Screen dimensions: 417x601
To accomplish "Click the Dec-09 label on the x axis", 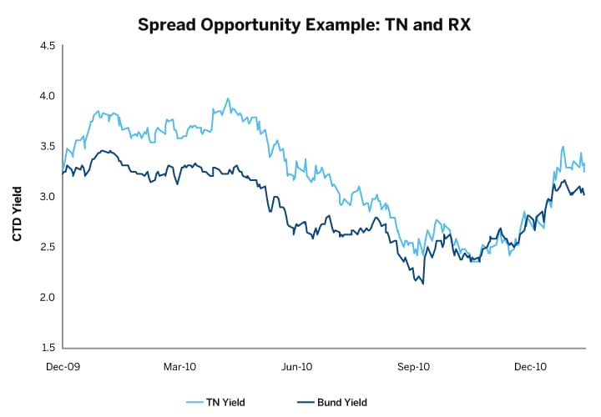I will click(63, 366).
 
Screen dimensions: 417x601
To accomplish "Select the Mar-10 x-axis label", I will click(179, 366).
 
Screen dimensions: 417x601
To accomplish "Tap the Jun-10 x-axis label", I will click(296, 366).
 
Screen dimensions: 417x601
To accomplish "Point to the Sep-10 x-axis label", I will click(413, 366).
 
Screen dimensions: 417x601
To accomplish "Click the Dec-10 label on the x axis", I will click(530, 366).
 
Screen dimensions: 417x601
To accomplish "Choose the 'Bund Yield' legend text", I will click(341, 403).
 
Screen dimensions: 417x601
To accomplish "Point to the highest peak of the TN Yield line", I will click(228, 98).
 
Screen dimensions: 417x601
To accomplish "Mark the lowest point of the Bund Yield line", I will click(423, 284).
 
